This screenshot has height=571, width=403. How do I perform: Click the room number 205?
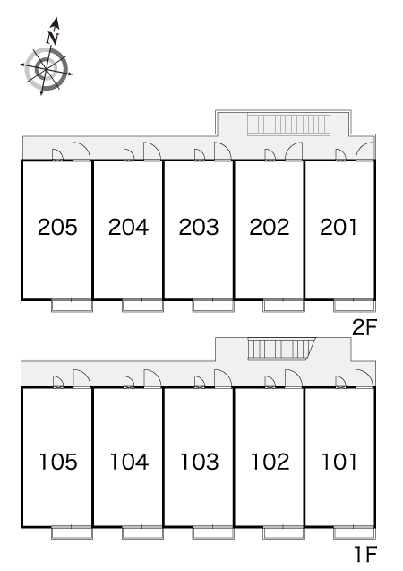click(x=57, y=227)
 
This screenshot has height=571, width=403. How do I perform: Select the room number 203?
click(x=199, y=227)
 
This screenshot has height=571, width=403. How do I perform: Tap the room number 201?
click(x=339, y=227)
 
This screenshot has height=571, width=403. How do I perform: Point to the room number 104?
click(x=129, y=462)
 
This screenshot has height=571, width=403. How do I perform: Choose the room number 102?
click(x=270, y=462)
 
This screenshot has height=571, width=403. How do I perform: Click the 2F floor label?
click(x=364, y=327)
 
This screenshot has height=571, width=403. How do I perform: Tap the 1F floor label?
click(x=365, y=554)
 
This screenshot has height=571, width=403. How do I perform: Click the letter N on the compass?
click(x=53, y=38)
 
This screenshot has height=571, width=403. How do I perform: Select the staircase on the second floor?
click(x=288, y=125)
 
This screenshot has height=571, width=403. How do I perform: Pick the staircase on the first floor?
click(x=281, y=349)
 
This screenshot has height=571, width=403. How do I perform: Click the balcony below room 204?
click(x=142, y=305)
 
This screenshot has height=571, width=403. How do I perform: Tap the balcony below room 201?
click(x=355, y=305)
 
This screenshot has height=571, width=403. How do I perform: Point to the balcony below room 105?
click(x=72, y=532)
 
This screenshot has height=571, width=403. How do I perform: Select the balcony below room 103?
click(x=213, y=532)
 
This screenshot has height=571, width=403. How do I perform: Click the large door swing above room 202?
click(x=294, y=151)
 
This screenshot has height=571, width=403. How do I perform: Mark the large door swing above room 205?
click(x=81, y=151)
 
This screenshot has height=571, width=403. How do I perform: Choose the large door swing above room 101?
click(x=364, y=378)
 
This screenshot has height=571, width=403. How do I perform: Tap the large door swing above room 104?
click(x=152, y=378)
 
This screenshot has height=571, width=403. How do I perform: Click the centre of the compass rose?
click(x=47, y=68)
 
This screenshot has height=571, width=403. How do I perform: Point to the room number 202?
click(x=270, y=227)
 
